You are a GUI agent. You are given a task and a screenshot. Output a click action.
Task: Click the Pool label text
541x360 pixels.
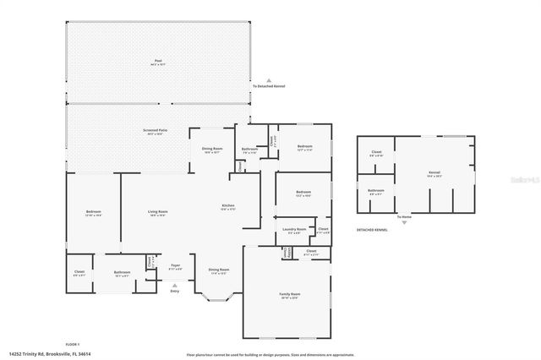coord(158,62)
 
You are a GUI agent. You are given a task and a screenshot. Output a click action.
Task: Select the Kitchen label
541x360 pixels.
coord(227,207)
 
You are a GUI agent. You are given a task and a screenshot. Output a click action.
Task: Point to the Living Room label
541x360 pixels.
coord(158,212)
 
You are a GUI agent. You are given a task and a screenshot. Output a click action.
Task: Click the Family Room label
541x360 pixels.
coord(290,295)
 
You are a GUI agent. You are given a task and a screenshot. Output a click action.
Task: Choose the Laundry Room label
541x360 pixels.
coord(293,230)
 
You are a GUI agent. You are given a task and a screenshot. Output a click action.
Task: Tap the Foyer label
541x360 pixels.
coord(176,266)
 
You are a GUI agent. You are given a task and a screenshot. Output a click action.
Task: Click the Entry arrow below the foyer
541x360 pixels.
coord(175,286)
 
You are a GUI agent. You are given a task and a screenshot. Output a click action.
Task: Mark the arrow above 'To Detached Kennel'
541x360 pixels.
coord(269,79)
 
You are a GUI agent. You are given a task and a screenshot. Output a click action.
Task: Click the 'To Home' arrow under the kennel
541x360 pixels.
coord(405,222)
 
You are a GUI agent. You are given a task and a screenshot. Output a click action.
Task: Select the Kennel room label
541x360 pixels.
coord(434,173)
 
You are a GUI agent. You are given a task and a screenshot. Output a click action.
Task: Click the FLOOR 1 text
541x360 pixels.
coord(72,344)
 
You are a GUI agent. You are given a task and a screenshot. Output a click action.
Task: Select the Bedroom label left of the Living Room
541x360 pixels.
coord(93,212)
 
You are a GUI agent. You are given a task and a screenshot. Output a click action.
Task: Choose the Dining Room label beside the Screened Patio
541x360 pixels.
coord(211,150)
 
